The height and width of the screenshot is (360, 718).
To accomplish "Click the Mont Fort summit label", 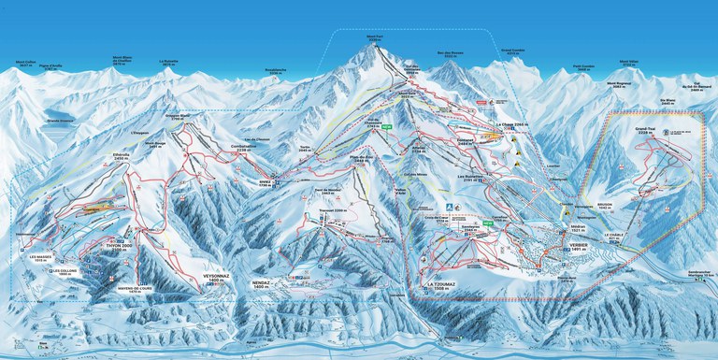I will (374, 38).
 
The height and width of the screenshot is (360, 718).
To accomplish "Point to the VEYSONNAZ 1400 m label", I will (208, 278).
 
